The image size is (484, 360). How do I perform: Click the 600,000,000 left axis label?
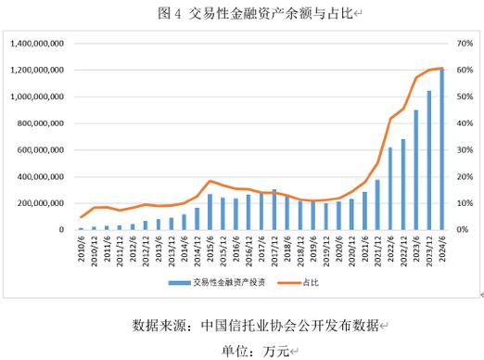(38, 149)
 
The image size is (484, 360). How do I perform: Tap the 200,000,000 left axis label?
(38, 202)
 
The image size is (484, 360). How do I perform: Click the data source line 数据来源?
(256, 326)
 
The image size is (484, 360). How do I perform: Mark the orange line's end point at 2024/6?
(441, 68)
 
